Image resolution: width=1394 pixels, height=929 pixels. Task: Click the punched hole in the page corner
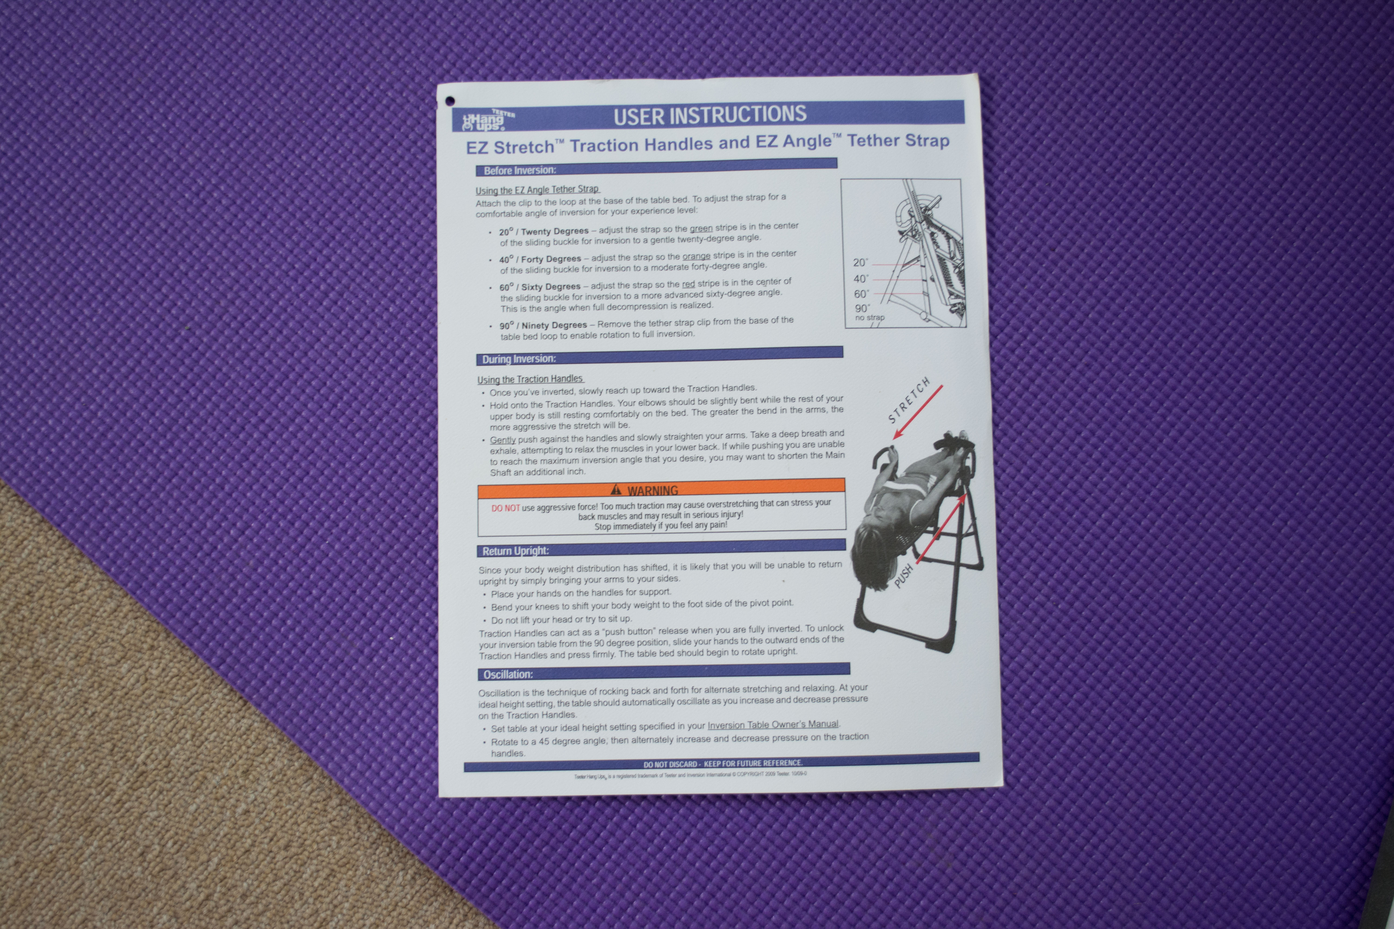click(450, 101)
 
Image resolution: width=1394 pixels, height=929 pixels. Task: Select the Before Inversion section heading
click(520, 171)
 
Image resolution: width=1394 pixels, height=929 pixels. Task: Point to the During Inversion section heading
click(519, 359)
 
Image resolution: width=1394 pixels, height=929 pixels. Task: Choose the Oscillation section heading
click(508, 674)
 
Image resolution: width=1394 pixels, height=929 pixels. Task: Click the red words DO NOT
click(505, 508)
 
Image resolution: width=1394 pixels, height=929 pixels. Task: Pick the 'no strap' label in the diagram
click(869, 317)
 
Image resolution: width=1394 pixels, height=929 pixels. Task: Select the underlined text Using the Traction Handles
click(530, 379)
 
